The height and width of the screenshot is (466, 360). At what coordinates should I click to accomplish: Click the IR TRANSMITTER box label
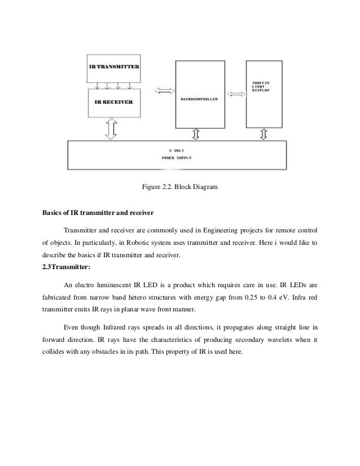tap(114, 67)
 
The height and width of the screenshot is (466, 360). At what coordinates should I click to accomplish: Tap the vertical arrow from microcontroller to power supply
tap(196, 133)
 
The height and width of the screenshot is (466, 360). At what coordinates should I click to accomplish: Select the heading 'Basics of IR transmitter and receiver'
tap(96, 213)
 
